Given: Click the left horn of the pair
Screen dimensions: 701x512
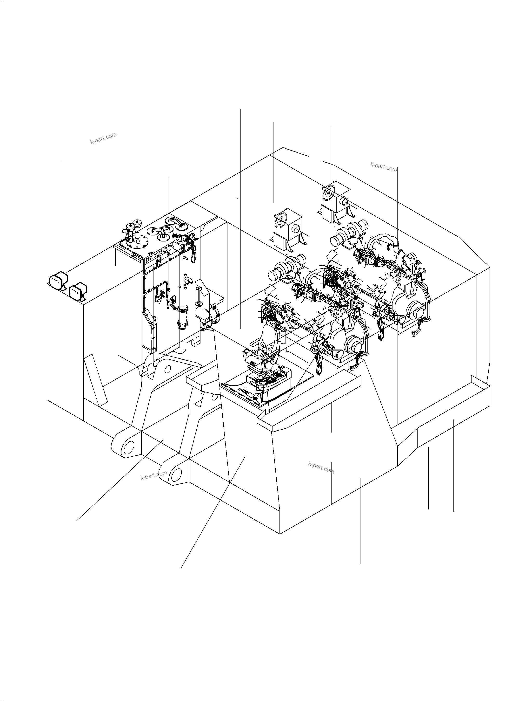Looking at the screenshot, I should point(58,281).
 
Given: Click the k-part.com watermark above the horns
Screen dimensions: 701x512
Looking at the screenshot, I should point(103,138).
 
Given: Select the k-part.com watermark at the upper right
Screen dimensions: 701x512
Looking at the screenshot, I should point(383,167).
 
